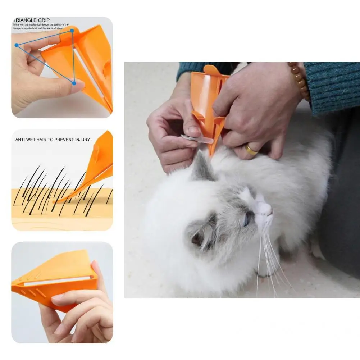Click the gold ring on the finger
251,149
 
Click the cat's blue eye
247,219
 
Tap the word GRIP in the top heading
44,20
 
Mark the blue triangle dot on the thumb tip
74,83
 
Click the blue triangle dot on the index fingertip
17,45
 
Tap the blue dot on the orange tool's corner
72,31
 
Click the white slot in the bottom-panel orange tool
58,280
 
